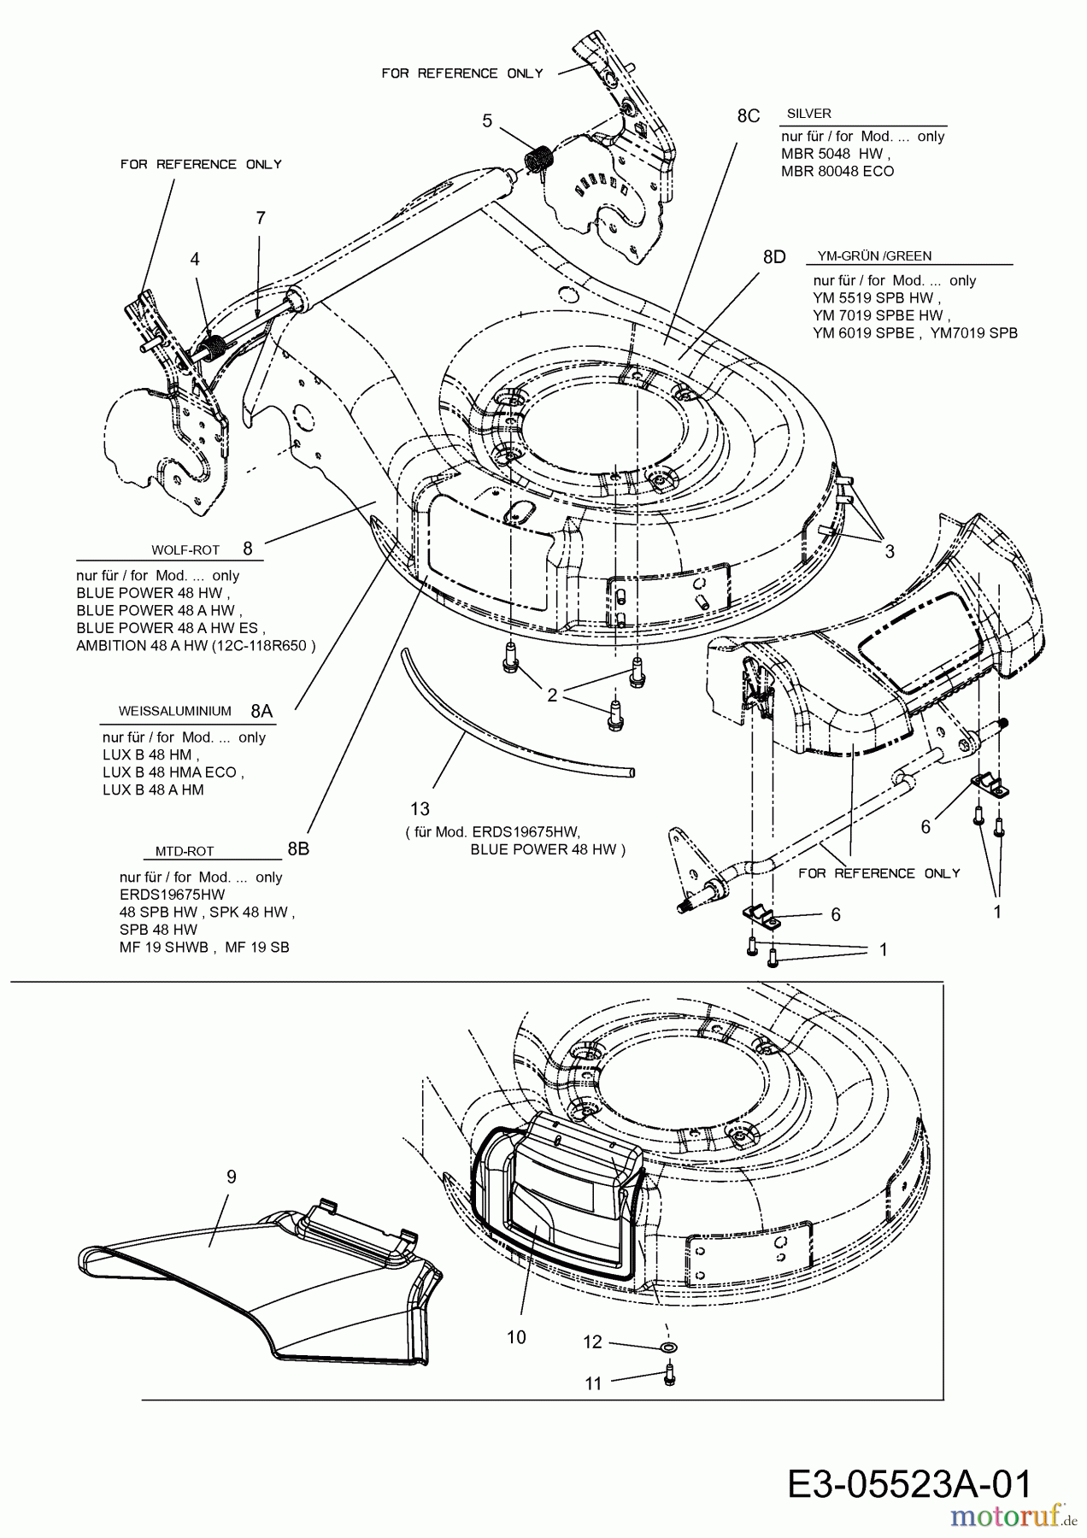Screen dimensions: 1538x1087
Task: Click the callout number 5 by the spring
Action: coord(487,120)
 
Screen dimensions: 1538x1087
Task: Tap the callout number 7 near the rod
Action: coord(261,218)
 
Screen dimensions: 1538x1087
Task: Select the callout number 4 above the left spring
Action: coord(195,258)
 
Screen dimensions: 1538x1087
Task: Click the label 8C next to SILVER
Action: coord(748,115)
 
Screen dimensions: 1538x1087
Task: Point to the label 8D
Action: coord(773,256)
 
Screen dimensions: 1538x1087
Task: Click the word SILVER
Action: coord(808,113)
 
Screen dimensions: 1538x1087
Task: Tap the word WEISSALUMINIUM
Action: coord(174,711)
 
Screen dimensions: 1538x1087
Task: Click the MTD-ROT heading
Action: coord(185,851)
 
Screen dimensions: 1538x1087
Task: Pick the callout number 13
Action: coord(420,808)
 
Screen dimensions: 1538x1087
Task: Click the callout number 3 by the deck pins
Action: coord(890,552)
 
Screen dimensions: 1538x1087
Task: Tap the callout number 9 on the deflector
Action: coord(232,1177)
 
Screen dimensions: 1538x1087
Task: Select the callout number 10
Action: coord(516,1337)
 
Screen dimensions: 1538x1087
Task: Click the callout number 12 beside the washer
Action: coord(592,1342)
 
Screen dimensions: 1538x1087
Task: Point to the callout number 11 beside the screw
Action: coord(593,1383)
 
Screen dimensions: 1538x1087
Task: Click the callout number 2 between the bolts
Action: coord(552,696)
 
